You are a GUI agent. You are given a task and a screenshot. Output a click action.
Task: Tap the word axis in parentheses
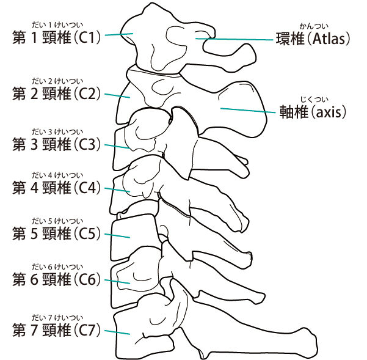(x=328, y=112)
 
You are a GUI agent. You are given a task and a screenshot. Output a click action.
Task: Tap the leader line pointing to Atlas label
(x=235, y=40)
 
